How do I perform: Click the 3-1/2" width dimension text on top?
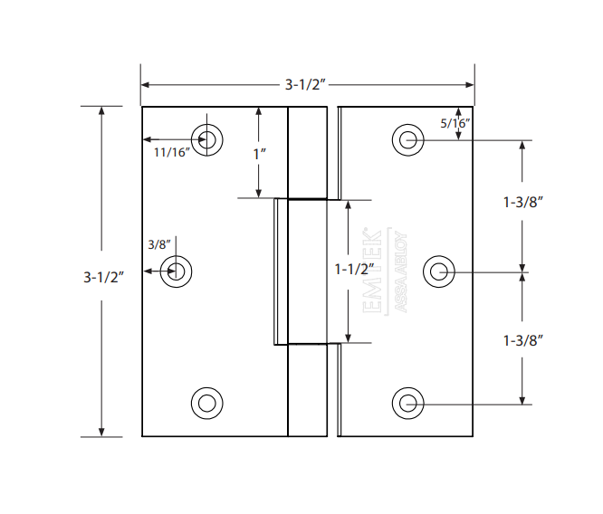(305, 85)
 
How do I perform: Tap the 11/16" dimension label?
(169, 152)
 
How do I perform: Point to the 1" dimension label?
(259, 153)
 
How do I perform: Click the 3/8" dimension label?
(158, 244)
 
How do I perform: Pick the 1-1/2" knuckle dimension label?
(354, 269)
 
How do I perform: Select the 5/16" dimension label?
(455, 122)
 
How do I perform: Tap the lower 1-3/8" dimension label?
(522, 340)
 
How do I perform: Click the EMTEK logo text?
(372, 271)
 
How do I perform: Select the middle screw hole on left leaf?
(175, 271)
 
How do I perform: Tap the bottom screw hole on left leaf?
(207, 403)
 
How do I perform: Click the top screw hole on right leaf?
(408, 140)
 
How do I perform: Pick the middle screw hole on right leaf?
(439, 271)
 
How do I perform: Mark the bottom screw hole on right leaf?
(408, 403)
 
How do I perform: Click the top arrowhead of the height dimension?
(101, 111)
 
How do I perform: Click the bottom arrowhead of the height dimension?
(101, 432)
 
